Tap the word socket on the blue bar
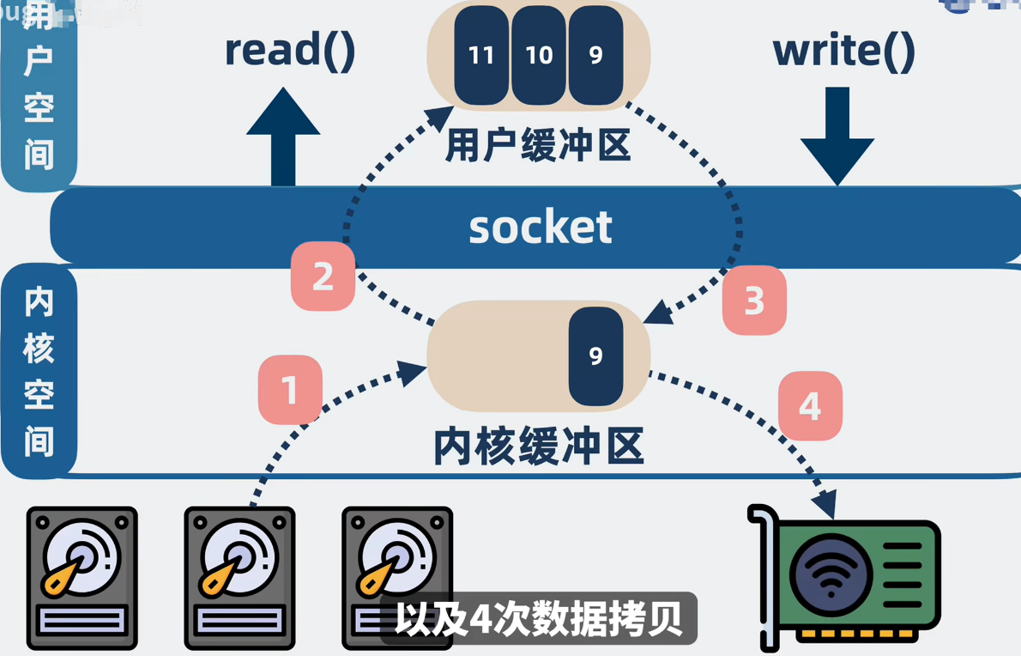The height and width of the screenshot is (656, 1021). pyautogui.click(x=541, y=227)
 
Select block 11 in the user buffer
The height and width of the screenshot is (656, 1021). pyautogui.click(x=481, y=56)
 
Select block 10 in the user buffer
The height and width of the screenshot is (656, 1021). pyautogui.click(x=539, y=56)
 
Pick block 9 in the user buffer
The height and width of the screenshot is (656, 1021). pyautogui.click(x=595, y=56)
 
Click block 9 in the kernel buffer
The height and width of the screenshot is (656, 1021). pyautogui.click(x=595, y=355)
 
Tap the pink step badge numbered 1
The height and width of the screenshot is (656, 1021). pyautogui.click(x=290, y=391)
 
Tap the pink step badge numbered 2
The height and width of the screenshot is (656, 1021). pyautogui.click(x=323, y=276)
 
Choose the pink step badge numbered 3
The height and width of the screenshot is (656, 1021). pyautogui.click(x=754, y=301)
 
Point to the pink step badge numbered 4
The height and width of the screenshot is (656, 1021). pyautogui.click(x=810, y=406)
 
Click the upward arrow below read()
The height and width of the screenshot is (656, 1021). pyautogui.click(x=283, y=137)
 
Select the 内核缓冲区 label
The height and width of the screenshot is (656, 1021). pyautogui.click(x=539, y=446)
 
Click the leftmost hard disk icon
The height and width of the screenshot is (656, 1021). pyautogui.click(x=82, y=577)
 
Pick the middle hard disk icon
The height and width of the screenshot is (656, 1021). pyautogui.click(x=239, y=577)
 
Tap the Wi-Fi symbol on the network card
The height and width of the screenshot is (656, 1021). pyautogui.click(x=830, y=574)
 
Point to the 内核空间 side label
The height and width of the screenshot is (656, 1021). pyautogui.click(x=39, y=371)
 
